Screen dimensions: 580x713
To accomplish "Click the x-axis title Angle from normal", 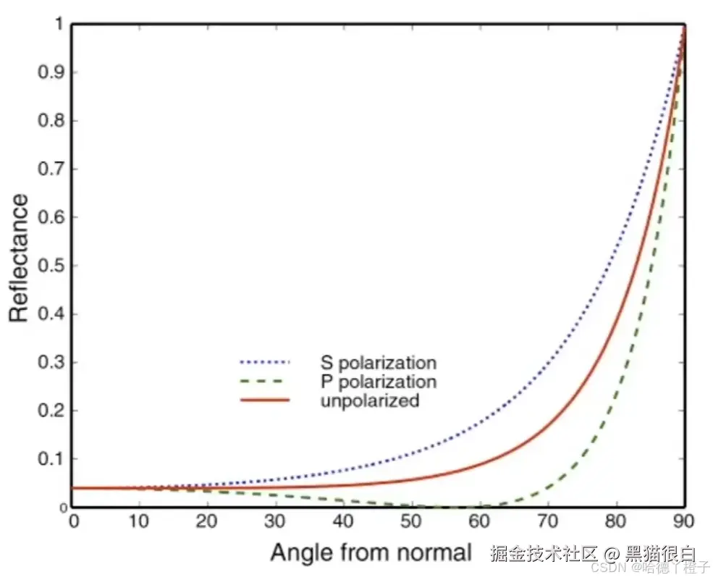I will click(x=371, y=553).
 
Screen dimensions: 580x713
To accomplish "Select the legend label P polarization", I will click(x=379, y=381).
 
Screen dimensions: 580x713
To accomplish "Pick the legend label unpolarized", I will click(x=370, y=400).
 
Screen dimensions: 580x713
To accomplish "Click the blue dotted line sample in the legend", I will click(x=264, y=361).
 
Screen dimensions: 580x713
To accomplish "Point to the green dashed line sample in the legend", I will click(x=264, y=381).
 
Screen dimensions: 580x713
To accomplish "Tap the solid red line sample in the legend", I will click(x=264, y=400).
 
